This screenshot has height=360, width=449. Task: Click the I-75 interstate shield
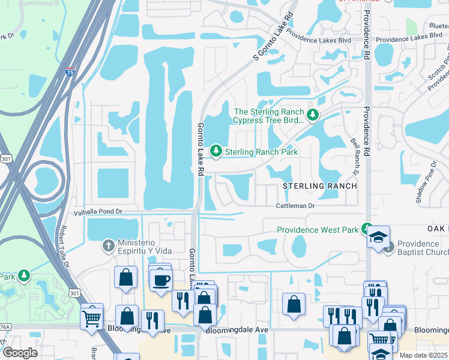point(70,73)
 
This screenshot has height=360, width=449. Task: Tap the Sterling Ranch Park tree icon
point(215,152)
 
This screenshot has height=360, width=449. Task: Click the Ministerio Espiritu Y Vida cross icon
point(108,245)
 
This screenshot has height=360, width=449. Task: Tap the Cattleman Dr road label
point(295,205)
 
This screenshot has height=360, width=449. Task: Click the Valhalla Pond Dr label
point(97,212)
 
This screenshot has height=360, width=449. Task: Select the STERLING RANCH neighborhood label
point(320,186)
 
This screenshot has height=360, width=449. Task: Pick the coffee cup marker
point(161,280)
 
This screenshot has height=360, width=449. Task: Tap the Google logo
point(20,353)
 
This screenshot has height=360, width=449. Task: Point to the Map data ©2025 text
point(423,355)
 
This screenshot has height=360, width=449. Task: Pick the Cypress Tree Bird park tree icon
point(312,115)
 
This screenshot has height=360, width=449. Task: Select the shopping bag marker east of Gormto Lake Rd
point(294,304)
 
